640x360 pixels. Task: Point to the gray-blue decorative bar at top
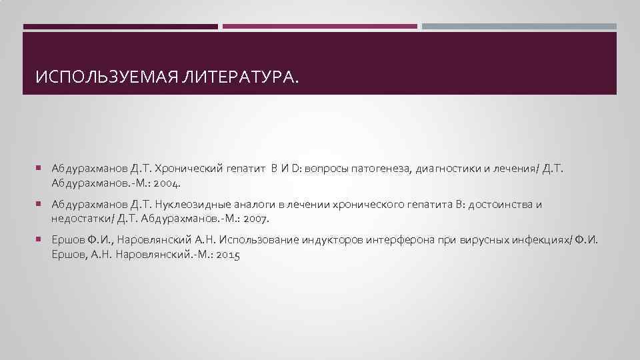click(519, 27)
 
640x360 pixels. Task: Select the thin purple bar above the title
click(319, 27)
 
